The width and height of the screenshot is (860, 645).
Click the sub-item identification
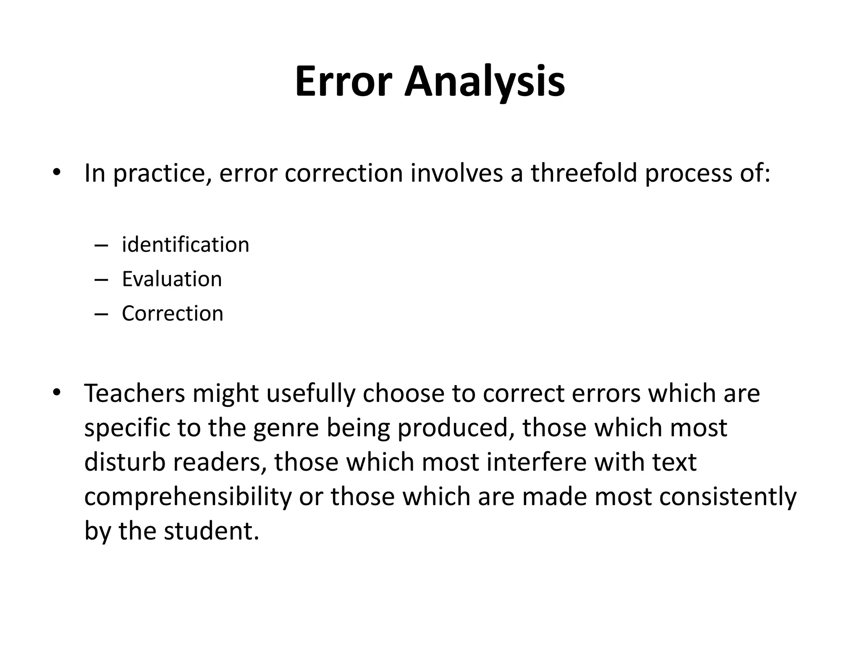click(x=185, y=244)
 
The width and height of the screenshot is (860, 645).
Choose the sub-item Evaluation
click(x=172, y=279)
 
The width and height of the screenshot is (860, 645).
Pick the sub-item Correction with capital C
click(x=172, y=313)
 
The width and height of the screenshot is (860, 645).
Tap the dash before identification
click(x=102, y=245)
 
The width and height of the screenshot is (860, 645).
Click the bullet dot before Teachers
click(x=57, y=393)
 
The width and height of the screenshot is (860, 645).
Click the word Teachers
click(x=135, y=393)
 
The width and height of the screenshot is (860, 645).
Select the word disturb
click(x=125, y=462)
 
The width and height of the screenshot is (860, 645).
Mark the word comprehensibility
click(x=188, y=497)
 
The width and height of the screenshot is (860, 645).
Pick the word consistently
click(x=727, y=497)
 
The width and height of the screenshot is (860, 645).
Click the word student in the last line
click(x=208, y=531)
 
